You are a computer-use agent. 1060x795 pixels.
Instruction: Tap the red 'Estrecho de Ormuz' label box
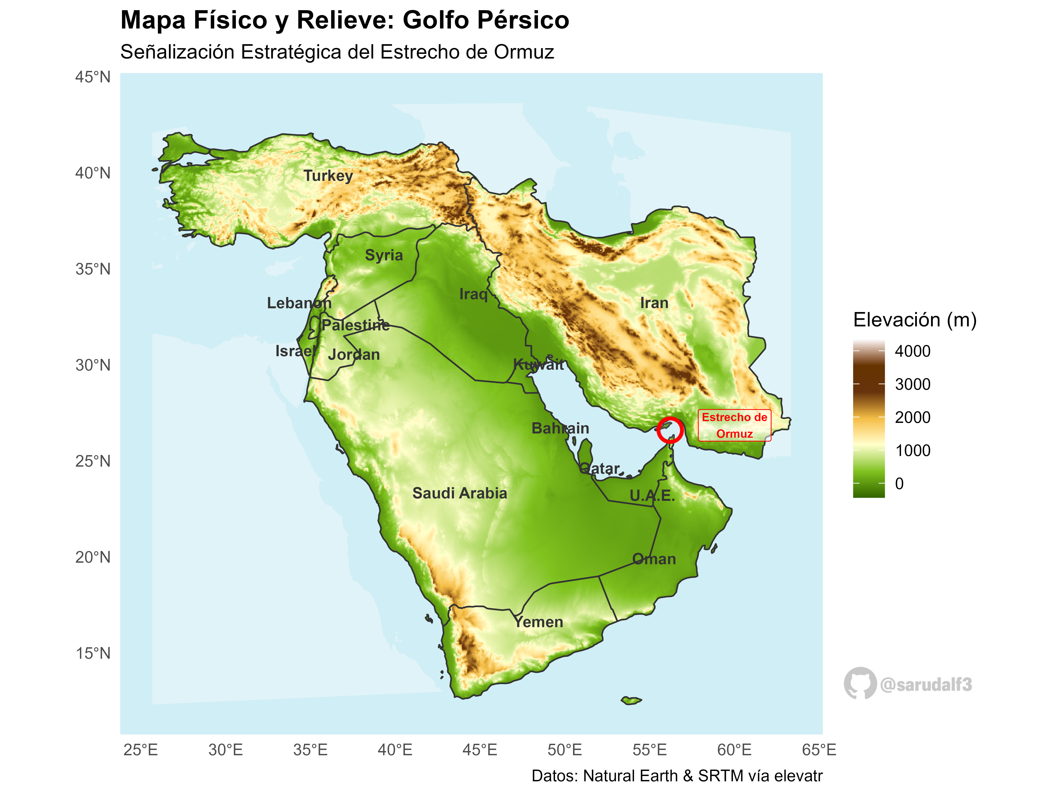(734, 426)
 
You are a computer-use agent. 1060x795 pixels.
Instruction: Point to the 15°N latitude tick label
(93, 653)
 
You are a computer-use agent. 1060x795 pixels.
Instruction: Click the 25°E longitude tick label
(140, 750)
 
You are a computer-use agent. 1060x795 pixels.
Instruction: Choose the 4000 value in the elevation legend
(912, 351)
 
